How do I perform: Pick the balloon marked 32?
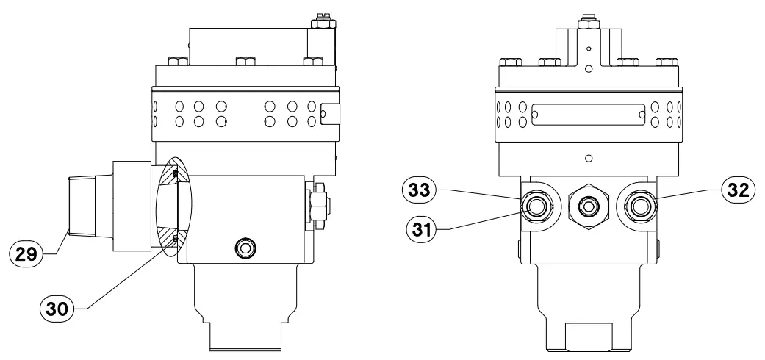point(736,189)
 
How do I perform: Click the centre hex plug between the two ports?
point(586,208)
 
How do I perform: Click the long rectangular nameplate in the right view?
point(587,115)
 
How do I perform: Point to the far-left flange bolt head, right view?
point(508,62)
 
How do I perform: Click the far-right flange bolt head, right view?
point(667,62)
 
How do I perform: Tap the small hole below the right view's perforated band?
point(587,158)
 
